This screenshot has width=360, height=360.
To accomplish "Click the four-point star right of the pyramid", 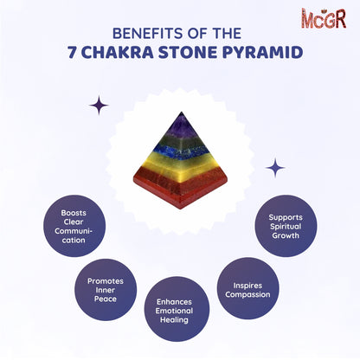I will pos(275,167).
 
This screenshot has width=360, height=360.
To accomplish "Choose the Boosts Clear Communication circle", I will pos(74,227).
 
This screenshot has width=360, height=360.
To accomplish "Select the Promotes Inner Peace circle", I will pos(106,285).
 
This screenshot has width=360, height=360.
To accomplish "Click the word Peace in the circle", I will pos(106,296).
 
